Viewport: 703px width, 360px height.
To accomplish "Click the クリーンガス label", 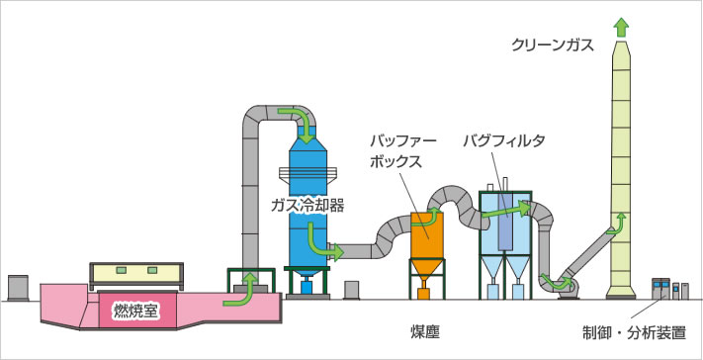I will click(x=555, y=45).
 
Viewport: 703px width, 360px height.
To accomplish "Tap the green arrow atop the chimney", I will click(x=620, y=28).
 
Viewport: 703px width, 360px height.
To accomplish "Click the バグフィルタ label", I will click(x=504, y=141).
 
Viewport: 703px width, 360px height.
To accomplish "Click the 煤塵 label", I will click(x=428, y=327).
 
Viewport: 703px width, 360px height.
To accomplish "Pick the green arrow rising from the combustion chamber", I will click(x=241, y=287).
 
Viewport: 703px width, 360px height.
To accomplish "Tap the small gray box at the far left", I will click(x=16, y=287).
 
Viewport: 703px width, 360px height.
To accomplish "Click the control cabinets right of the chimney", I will click(x=667, y=290).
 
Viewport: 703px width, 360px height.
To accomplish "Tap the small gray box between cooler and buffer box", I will click(x=351, y=290).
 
